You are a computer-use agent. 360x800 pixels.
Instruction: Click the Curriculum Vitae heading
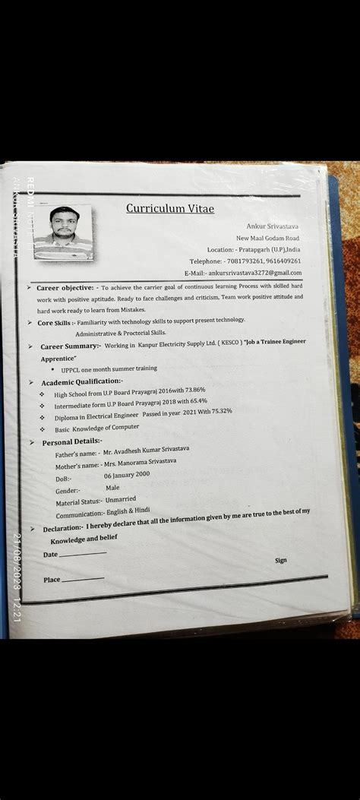point(170,208)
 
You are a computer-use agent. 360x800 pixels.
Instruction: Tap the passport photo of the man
point(63,232)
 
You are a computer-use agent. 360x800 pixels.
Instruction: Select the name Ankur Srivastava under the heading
point(273,226)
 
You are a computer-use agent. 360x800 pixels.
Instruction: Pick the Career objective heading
point(65,288)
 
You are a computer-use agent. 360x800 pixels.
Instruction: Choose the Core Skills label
point(55,323)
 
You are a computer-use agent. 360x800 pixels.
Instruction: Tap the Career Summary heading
point(71,346)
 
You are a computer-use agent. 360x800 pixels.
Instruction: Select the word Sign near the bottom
point(280,560)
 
